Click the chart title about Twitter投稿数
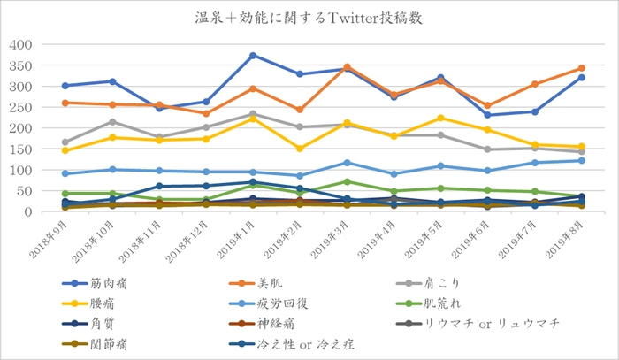tap(309, 17)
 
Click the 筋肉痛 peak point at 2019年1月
tap(253, 56)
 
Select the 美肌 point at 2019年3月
tap(347, 67)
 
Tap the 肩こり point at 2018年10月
tap(111, 122)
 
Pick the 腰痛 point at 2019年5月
tap(440, 118)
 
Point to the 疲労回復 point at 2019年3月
tap(347, 163)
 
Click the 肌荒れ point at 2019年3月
tap(347, 181)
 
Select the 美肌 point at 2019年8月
tap(581, 68)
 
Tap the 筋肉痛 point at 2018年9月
tap(65, 86)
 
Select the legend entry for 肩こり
tap(461, 283)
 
